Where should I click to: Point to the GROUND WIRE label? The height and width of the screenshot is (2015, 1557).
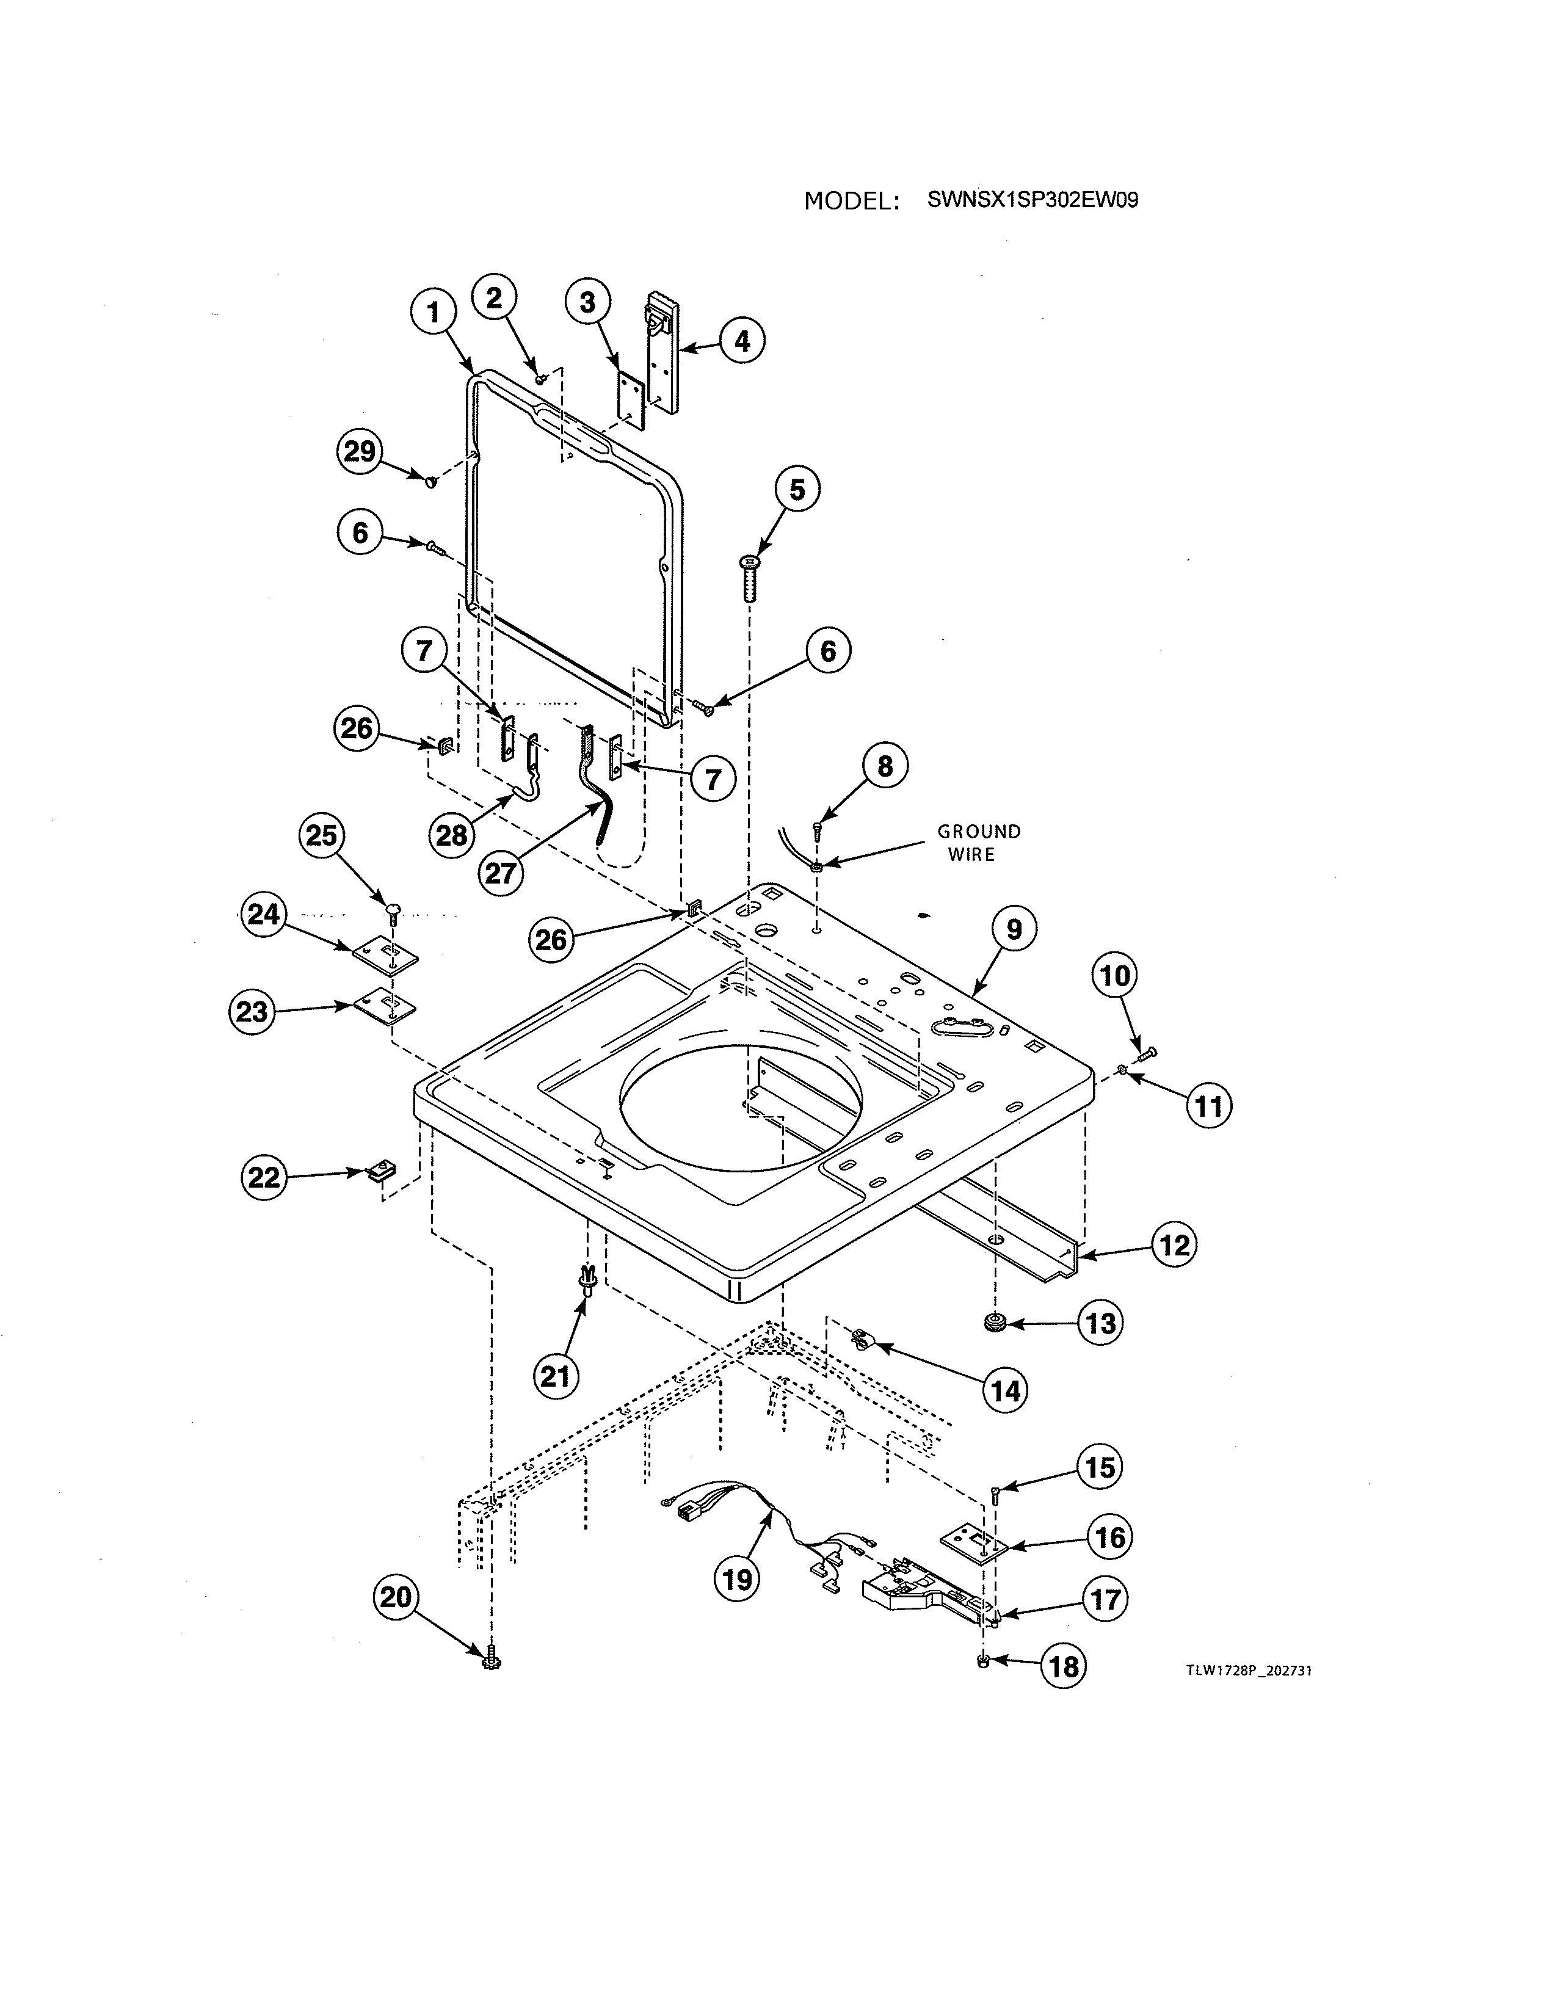(x=979, y=843)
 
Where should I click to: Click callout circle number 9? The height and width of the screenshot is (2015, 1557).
(x=1014, y=929)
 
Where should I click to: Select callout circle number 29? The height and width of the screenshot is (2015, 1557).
(x=360, y=451)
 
